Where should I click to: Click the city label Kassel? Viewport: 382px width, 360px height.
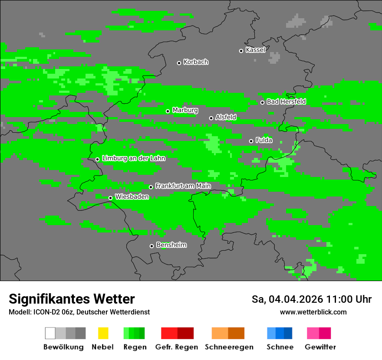[255, 50]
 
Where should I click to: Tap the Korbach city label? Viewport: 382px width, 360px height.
[196, 62]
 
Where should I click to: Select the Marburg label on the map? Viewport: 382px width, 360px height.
[185, 110]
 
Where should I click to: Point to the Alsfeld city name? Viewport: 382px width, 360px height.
[226, 117]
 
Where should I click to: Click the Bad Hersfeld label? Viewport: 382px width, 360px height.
[286, 101]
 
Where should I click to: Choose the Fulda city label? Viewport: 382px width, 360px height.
[264, 140]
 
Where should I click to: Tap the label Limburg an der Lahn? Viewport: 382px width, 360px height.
[134, 158]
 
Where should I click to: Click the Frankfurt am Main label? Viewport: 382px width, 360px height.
[183, 186]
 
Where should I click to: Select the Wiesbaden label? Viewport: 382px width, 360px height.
[132, 196]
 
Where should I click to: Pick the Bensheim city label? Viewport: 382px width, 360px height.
[171, 245]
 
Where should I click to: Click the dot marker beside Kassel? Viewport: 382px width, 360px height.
[241, 51]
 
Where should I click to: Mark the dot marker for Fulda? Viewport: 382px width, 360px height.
[251, 141]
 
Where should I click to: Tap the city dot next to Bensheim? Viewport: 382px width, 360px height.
[151, 246]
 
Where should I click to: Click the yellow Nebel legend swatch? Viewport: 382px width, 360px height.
[103, 333]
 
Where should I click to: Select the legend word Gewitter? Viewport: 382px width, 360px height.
[320, 347]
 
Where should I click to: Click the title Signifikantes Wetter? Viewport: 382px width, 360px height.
[72, 299]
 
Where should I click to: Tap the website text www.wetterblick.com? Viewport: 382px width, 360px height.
[313, 312]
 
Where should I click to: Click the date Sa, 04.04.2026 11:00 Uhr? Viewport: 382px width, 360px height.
[312, 299]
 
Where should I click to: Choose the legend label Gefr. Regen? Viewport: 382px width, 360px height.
[177, 347]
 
